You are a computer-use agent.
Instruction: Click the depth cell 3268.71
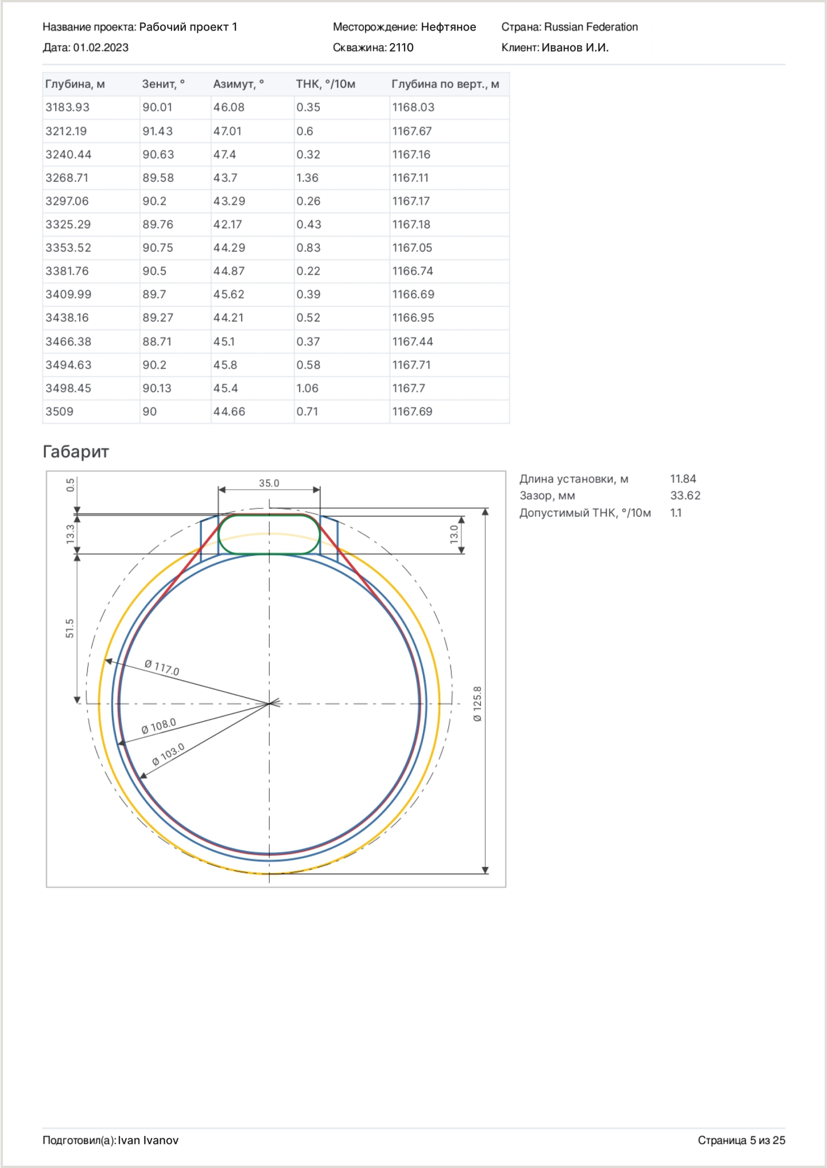(67, 178)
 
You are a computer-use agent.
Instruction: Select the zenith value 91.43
(157, 131)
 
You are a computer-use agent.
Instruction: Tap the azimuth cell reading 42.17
(227, 224)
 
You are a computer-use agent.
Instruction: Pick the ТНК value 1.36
(307, 178)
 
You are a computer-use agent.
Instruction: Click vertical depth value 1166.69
(413, 294)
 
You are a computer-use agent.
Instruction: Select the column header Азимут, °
(238, 84)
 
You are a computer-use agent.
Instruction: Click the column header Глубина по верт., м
(445, 84)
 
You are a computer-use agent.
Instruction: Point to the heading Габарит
(75, 452)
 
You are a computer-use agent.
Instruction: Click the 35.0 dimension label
(269, 483)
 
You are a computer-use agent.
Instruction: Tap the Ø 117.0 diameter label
(162, 668)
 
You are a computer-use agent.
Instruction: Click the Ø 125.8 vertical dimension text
(477, 703)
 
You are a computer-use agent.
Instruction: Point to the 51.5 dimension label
(69, 628)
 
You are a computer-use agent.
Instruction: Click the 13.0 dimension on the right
(454, 534)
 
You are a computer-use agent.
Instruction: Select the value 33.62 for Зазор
(685, 496)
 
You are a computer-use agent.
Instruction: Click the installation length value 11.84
(683, 479)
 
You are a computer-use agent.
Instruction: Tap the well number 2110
(401, 48)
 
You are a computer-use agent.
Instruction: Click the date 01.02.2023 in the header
(100, 48)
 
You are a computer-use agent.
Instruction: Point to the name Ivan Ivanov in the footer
(148, 1140)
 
